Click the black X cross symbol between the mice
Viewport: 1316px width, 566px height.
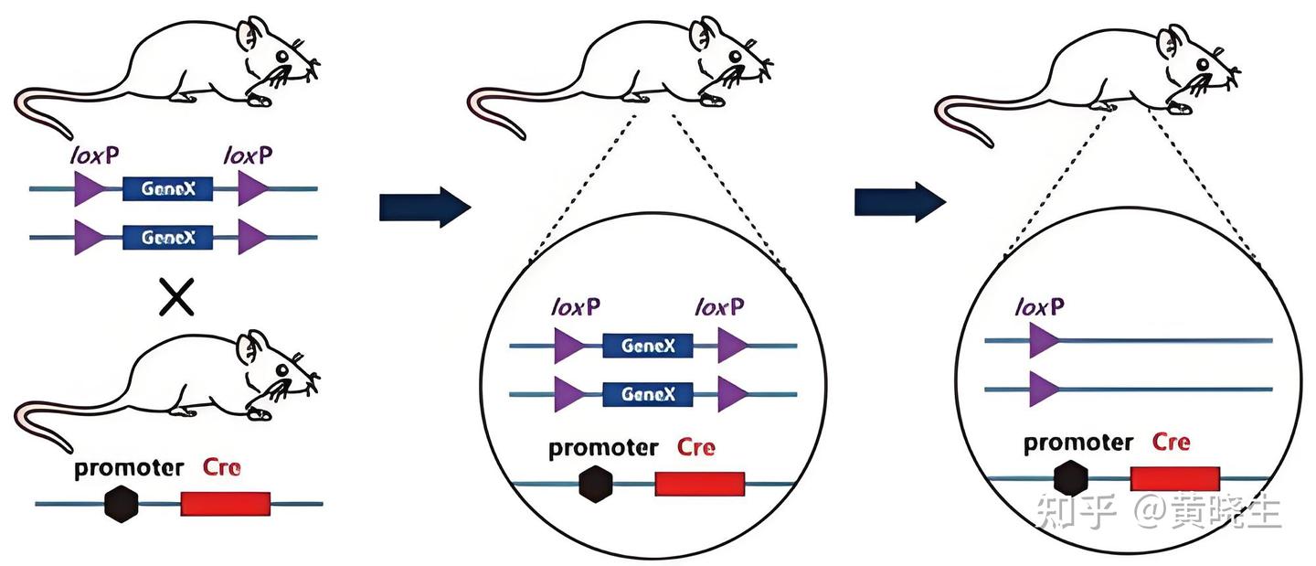pyautogui.click(x=177, y=297)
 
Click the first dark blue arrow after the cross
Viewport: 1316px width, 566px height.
pyautogui.click(x=425, y=207)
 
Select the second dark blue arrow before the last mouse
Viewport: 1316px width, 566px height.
pyautogui.click(x=900, y=201)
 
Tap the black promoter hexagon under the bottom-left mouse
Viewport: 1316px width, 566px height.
pyautogui.click(x=122, y=504)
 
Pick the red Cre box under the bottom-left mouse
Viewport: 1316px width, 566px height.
pyautogui.click(x=226, y=504)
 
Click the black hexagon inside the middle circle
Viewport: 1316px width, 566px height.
pyautogui.click(x=596, y=484)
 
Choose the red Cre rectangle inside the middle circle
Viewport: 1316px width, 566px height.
pyautogui.click(x=700, y=484)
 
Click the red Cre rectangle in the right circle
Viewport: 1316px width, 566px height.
pyautogui.click(x=1175, y=478)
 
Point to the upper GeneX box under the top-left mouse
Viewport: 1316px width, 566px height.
pyautogui.click(x=167, y=188)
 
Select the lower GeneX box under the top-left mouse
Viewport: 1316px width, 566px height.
pyautogui.click(x=167, y=238)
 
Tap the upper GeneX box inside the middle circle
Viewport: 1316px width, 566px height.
pyautogui.click(x=647, y=346)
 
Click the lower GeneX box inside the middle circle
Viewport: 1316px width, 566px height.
pyautogui.click(x=647, y=394)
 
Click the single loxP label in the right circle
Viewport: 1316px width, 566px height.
pyautogui.click(x=1039, y=307)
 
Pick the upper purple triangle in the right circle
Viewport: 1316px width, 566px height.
pyautogui.click(x=1044, y=340)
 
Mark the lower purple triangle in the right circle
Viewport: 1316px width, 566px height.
pyautogui.click(x=1044, y=390)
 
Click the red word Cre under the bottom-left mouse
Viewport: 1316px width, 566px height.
pyautogui.click(x=221, y=467)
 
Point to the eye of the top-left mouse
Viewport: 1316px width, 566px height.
pyautogui.click(x=282, y=57)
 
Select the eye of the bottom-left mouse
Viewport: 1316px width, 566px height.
pyautogui.click(x=282, y=370)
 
